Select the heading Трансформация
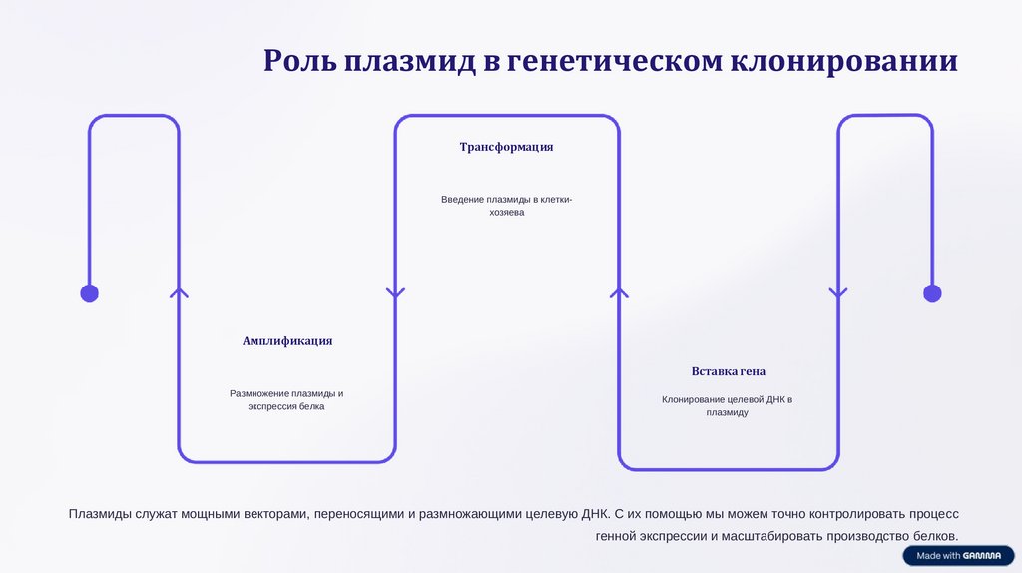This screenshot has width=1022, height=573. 506,147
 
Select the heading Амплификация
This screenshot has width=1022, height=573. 287,341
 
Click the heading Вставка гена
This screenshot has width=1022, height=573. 729,371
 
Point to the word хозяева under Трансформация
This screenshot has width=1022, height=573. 507,213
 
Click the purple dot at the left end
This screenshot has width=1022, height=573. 89,293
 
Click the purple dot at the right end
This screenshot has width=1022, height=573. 932,293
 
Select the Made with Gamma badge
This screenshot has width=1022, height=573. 958,556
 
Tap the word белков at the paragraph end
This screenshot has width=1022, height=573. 933,537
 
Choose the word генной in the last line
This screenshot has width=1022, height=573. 616,537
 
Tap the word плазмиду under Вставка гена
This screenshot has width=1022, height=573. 727,413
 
